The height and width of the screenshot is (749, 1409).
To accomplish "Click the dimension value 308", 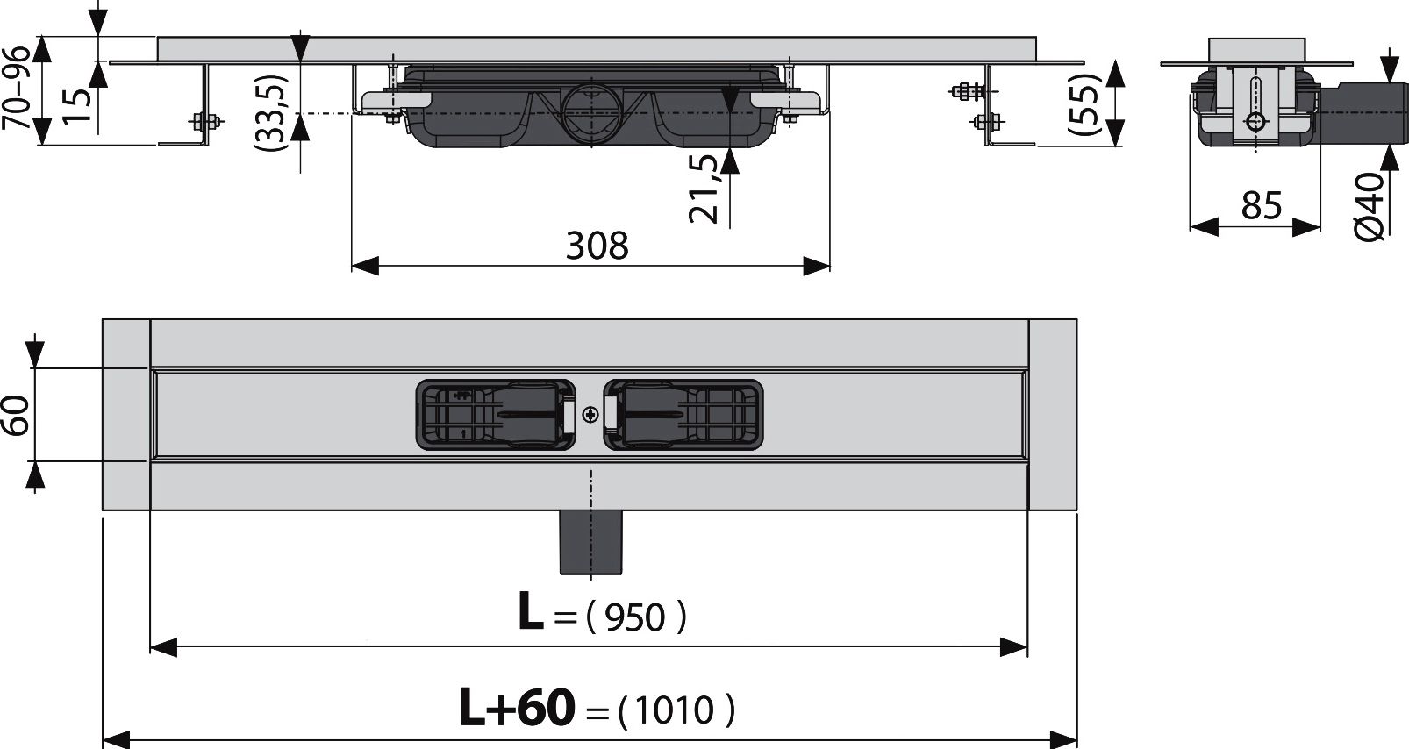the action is [x=597, y=246].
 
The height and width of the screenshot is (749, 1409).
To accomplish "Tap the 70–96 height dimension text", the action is [x=17, y=88].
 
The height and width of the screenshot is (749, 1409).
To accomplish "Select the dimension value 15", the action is [x=78, y=106].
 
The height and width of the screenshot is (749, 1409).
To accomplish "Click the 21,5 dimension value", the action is [x=704, y=189].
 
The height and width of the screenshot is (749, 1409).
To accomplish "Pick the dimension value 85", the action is [x=1262, y=205].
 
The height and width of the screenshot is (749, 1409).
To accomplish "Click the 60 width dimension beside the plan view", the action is [x=17, y=415].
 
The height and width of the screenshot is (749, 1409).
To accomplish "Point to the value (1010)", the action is [x=676, y=710].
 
